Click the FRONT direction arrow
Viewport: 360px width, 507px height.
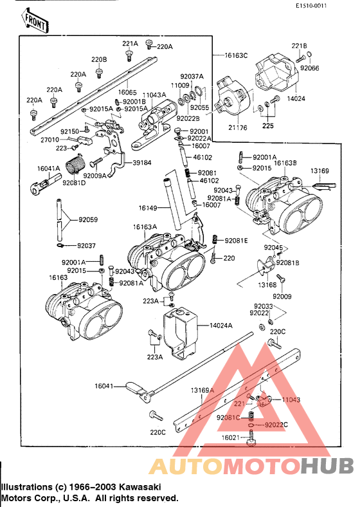pyautogui.click(x=36, y=22)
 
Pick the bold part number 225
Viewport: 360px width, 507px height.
pyautogui.click(x=267, y=126)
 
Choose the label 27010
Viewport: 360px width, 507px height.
pyautogui.click(x=50, y=139)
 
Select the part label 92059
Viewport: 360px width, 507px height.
pyautogui.click(x=89, y=219)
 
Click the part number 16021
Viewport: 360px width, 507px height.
pyautogui.click(x=231, y=438)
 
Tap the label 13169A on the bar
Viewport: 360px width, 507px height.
pyautogui.click(x=202, y=390)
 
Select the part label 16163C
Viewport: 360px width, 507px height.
pyautogui.click(x=236, y=56)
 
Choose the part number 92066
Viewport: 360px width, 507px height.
pyautogui.click(x=309, y=68)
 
